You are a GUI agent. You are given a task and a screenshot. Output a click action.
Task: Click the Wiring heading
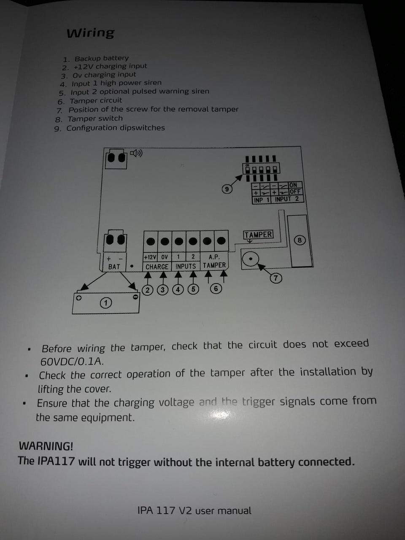90,33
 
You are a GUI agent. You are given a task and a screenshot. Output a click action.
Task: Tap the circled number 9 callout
227,189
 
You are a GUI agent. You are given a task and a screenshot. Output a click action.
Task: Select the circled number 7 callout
275,278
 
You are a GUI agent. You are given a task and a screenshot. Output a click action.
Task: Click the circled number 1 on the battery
106,303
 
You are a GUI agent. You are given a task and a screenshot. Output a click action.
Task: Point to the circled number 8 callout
300,240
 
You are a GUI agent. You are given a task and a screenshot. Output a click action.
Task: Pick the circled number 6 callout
216,288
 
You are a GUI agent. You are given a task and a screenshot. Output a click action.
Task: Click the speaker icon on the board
136,153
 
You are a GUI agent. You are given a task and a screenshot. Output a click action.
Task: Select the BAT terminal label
114,267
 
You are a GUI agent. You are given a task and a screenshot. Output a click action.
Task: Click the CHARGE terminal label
157,267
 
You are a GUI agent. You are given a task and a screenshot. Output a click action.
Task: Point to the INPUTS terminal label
186,266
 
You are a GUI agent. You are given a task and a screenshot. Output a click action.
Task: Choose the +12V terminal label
150,257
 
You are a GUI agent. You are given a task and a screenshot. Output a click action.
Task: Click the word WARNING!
46,446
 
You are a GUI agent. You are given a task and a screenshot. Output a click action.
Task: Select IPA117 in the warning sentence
56,461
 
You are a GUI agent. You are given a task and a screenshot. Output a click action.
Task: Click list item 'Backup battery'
102,59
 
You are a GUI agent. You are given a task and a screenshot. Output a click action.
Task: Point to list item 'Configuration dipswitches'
116,128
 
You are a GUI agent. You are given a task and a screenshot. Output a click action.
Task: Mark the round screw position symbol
251,259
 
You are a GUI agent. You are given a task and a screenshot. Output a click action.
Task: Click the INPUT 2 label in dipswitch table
287,199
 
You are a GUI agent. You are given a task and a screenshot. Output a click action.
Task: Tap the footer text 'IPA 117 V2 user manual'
194,510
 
